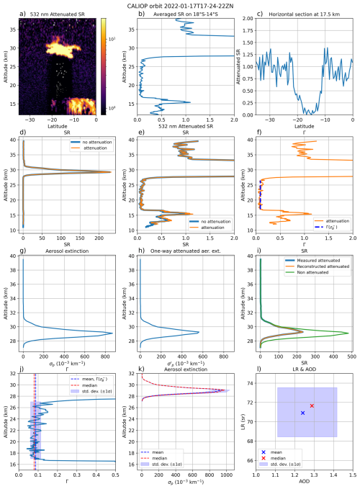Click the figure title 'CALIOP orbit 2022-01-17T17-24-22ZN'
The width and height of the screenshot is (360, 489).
[x=180, y=4]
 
